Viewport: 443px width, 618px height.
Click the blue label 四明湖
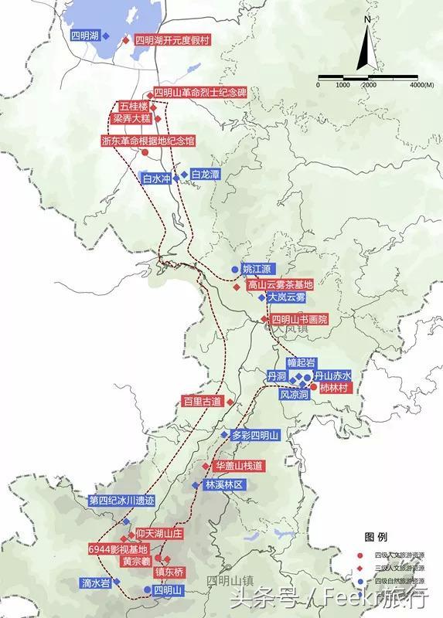pyautogui.click(x=83, y=36)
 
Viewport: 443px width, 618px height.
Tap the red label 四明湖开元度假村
pyautogui.click(x=172, y=40)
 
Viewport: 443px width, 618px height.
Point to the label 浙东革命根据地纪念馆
pyautogui.click(x=148, y=141)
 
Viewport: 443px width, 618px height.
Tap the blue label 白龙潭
pyautogui.click(x=205, y=175)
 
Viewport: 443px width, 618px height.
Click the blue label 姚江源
pyautogui.click(x=257, y=269)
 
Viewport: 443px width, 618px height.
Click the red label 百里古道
pyautogui.click(x=202, y=402)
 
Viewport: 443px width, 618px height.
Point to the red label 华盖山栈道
pyautogui.click(x=239, y=466)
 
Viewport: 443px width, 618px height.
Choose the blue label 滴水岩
pyautogui.click(x=95, y=584)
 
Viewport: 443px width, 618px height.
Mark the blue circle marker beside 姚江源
pyautogui.click(x=234, y=270)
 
